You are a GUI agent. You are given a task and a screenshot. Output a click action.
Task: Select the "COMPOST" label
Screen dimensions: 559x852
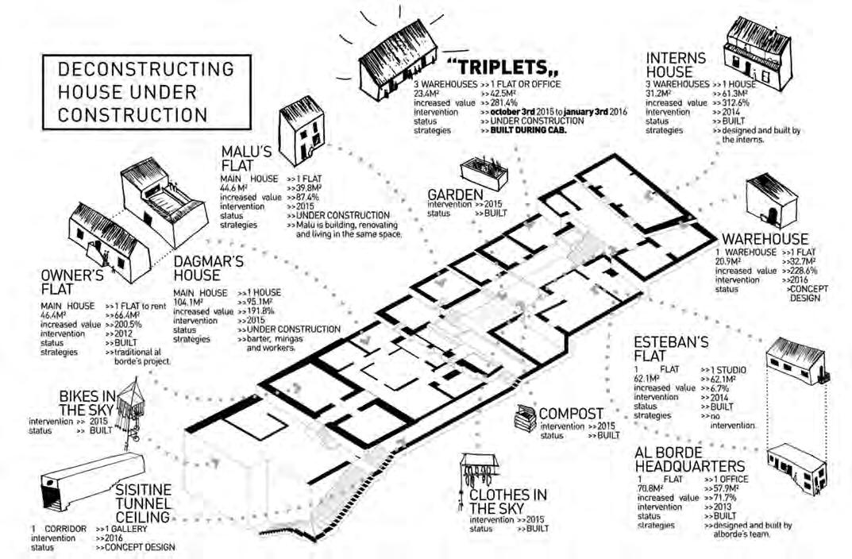(571, 413)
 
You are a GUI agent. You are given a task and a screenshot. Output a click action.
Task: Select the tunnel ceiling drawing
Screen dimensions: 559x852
(87, 476)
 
